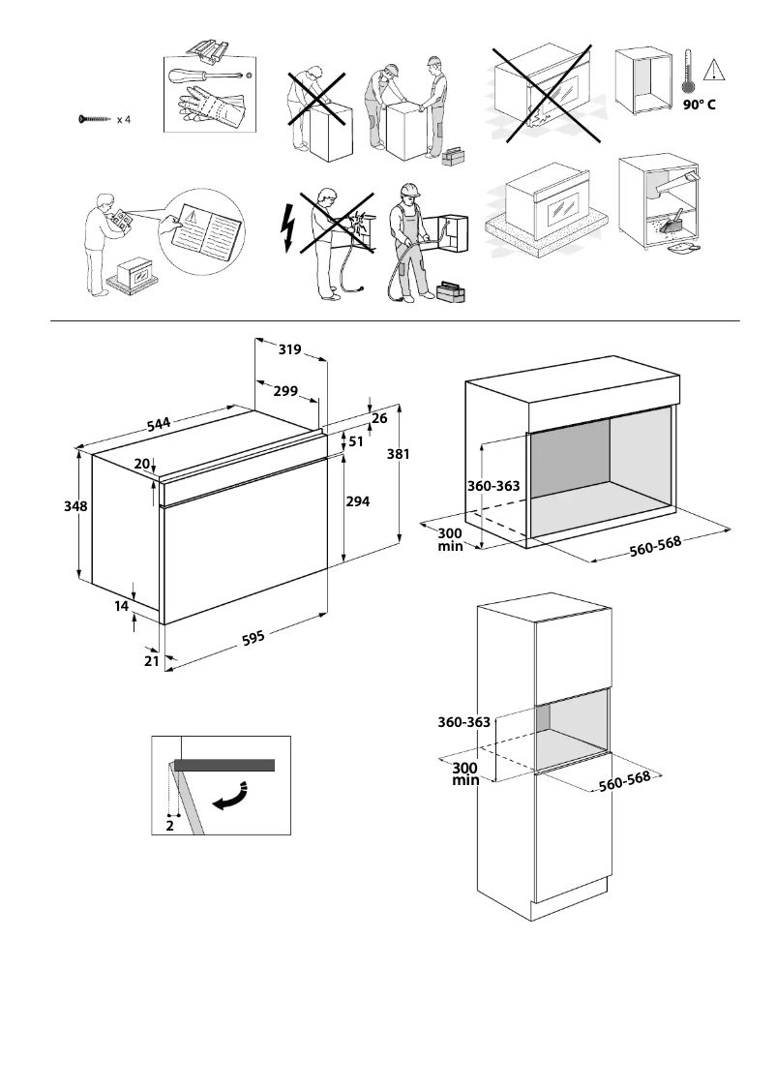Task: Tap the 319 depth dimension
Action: tap(289, 349)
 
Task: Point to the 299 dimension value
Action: tap(284, 391)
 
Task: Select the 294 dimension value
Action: tap(358, 500)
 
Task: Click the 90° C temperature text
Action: tap(698, 105)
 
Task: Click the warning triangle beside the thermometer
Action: tap(714, 70)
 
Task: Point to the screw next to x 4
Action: tap(95, 120)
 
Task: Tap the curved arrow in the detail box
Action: tap(231, 796)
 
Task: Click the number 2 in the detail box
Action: tap(169, 825)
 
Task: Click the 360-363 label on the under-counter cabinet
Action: tap(494, 486)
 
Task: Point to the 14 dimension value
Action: tap(121, 606)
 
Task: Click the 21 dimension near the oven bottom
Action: tap(151, 660)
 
